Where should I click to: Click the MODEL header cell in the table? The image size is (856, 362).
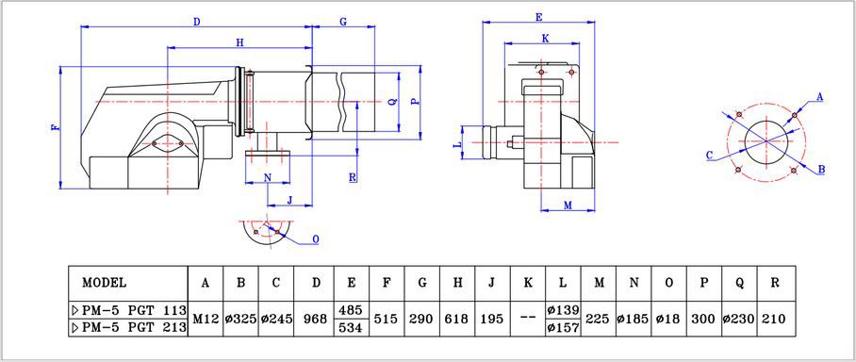click(104, 282)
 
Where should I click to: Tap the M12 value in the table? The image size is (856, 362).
click(206, 319)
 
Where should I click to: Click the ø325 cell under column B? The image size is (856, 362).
click(240, 319)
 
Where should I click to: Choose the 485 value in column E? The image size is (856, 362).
click(350, 309)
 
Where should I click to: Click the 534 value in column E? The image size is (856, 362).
click(350, 327)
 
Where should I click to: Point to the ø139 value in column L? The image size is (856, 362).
click(563, 309)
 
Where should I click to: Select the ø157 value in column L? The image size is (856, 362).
click(563, 327)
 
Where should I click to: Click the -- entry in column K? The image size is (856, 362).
click(528, 319)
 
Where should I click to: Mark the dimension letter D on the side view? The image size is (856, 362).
click(196, 21)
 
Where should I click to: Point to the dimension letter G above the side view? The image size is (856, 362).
click(343, 21)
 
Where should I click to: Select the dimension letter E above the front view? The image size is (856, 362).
click(538, 17)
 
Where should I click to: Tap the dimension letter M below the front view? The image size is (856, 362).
click(568, 205)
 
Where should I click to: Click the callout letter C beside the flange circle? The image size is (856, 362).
click(708, 154)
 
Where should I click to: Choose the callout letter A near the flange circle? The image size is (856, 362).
click(819, 96)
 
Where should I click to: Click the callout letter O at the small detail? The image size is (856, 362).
click(315, 239)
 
